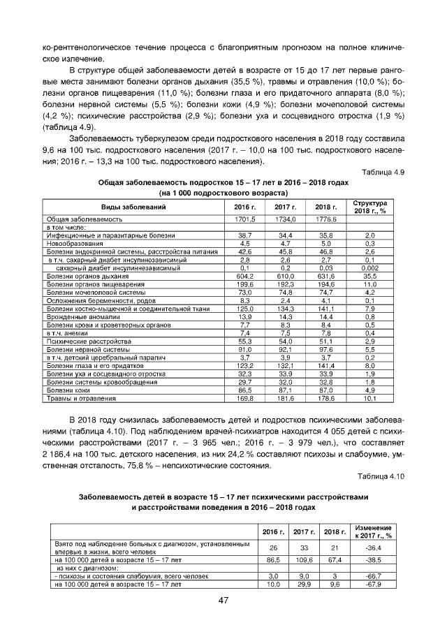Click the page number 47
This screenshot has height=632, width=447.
pos(223,601)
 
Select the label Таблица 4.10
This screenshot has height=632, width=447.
pos(379,476)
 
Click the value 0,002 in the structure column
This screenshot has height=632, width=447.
pos(370,268)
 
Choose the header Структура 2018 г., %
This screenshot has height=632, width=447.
pos(370,207)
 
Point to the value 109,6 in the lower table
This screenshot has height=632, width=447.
pos(301,560)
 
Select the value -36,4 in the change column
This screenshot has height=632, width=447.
pos(373,548)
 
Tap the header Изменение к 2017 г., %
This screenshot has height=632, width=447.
pos(373,531)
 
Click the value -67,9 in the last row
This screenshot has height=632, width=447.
pos(373,585)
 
